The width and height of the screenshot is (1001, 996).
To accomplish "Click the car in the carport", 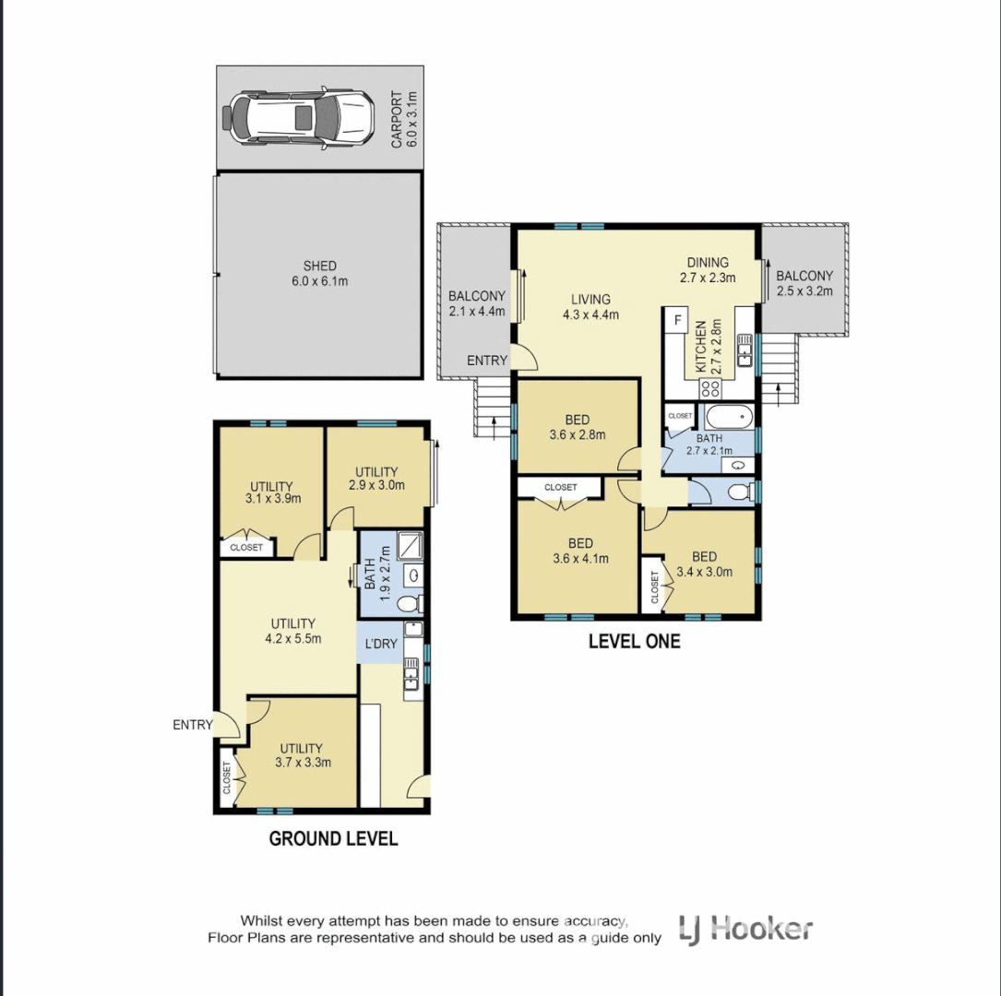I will point(297,117).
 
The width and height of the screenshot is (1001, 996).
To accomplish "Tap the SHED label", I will point(319,267).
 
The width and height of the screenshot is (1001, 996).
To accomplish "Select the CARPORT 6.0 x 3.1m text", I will point(404,119).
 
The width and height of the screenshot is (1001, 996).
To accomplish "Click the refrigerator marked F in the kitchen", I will point(678,321).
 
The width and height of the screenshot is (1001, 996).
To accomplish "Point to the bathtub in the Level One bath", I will point(726,417).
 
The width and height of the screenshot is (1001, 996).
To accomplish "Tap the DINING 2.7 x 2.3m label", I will point(708,269).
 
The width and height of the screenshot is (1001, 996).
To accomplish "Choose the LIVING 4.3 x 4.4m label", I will point(590,306).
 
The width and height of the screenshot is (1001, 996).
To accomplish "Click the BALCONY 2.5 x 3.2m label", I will point(804,283).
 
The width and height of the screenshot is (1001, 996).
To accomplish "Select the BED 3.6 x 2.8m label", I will point(578,427).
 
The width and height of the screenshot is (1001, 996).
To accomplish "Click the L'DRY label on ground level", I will point(380,643).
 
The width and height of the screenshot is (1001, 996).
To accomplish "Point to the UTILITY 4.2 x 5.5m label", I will point(293,631).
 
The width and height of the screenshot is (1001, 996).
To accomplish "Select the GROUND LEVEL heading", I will point(333,838).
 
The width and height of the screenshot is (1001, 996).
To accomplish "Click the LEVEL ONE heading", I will point(635,641).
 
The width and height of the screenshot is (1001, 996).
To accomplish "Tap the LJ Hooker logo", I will point(745,928).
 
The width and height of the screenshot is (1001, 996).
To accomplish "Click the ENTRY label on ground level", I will point(192,725).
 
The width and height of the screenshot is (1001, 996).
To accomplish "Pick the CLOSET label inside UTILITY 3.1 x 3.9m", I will point(246,548).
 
